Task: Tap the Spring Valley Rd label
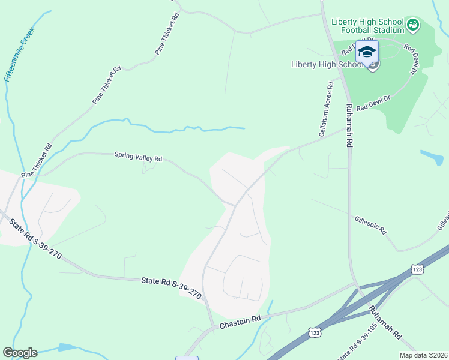[139, 157]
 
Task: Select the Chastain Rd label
[240, 322]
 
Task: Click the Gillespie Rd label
[370, 226]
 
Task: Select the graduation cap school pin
[367, 51]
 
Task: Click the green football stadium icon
[412, 25]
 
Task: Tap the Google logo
[20, 353]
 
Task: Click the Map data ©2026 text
[423, 355]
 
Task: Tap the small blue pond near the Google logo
[67, 347]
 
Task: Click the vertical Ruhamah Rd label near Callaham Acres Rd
[349, 125]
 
